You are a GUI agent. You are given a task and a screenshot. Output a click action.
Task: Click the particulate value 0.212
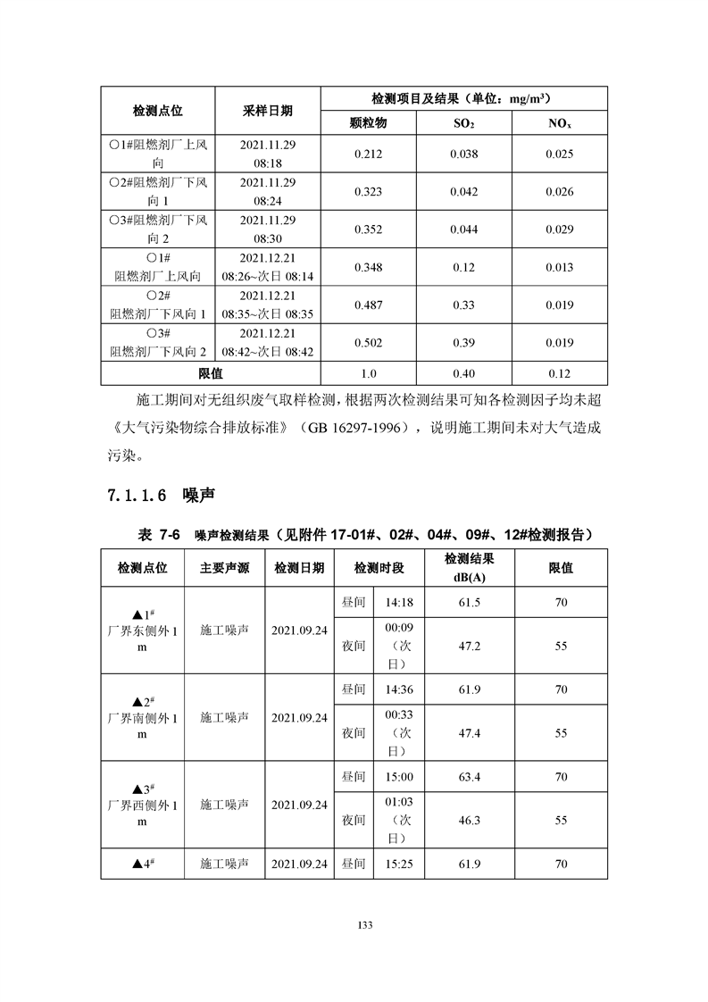coord(368,154)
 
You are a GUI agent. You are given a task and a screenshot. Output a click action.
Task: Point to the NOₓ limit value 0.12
coord(560,373)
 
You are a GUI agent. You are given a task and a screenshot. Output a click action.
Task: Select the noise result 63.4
coord(469,777)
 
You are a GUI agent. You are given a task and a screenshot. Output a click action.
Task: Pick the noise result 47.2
coord(469,645)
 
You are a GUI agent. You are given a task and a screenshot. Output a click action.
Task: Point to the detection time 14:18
coord(399,603)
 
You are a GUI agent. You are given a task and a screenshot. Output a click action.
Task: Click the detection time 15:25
coord(399,864)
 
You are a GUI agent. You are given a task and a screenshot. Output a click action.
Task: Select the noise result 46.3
coord(469,819)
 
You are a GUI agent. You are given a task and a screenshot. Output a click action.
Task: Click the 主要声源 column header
coord(224,568)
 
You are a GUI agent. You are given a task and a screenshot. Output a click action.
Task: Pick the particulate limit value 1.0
coord(368,373)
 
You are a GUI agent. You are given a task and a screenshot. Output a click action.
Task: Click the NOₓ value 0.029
coord(560,230)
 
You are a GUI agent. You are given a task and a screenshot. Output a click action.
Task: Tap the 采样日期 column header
coord(268,110)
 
